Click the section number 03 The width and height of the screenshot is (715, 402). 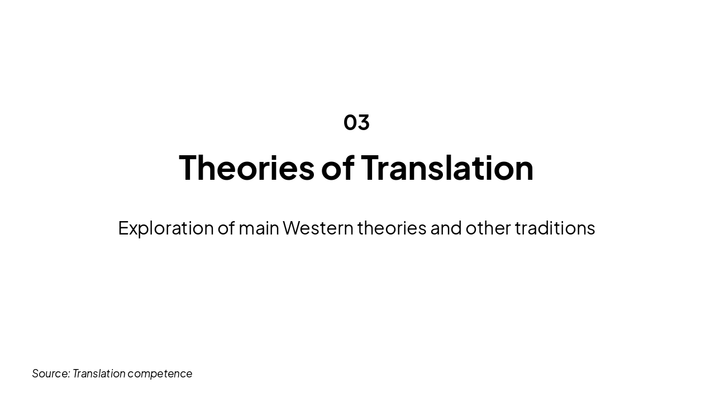pyautogui.click(x=356, y=122)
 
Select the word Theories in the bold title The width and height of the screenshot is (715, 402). pyautogui.click(x=246, y=167)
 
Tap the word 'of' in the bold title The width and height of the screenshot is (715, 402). pyautogui.click(x=337, y=167)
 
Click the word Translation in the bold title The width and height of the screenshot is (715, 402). pyautogui.click(x=447, y=167)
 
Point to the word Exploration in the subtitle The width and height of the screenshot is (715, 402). pyautogui.click(x=166, y=228)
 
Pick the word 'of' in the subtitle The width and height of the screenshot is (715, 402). pyautogui.click(x=226, y=228)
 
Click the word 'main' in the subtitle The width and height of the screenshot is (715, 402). pyautogui.click(x=259, y=228)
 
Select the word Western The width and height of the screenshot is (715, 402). pyautogui.click(x=318, y=228)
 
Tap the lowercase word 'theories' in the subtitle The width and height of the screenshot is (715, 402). pyautogui.click(x=392, y=228)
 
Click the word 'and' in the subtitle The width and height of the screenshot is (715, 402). pyautogui.click(x=446, y=228)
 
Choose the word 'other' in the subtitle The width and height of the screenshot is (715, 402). pyautogui.click(x=488, y=228)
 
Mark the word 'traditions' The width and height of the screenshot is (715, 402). pyautogui.click(x=555, y=228)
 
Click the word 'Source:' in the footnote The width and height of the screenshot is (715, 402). pyautogui.click(x=51, y=374)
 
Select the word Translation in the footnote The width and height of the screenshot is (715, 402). pyautogui.click(x=99, y=374)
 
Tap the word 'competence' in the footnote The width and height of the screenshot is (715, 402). pyautogui.click(x=160, y=374)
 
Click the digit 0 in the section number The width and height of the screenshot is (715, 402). pyautogui.click(x=350, y=122)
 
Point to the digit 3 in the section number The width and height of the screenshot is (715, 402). pyautogui.click(x=364, y=122)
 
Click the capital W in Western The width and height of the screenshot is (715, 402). pyautogui.click(x=293, y=228)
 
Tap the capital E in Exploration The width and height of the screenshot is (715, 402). pyautogui.click(x=123, y=228)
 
